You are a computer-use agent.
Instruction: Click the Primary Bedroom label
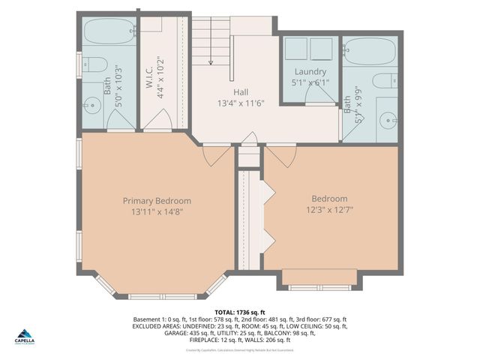pyautogui.click(x=157, y=201)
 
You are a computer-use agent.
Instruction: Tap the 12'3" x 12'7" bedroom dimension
pyautogui.click(x=330, y=211)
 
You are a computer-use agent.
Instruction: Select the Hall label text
pyautogui.click(x=241, y=91)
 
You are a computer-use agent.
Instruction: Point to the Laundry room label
pyautogui.click(x=310, y=72)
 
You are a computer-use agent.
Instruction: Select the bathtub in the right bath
pyautogui.click(x=370, y=52)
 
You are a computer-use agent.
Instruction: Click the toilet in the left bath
pyautogui.click(x=94, y=67)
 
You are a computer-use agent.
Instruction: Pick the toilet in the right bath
pyautogui.click(x=385, y=81)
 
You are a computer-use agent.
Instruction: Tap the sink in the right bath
pyautogui.click(x=386, y=118)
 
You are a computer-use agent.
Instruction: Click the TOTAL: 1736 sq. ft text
pyautogui.click(x=239, y=312)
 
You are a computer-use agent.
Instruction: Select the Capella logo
pyautogui.click(x=25, y=336)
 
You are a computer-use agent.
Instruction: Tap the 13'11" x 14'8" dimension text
pyautogui.click(x=157, y=212)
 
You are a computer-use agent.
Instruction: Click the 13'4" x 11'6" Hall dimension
pyautogui.click(x=241, y=103)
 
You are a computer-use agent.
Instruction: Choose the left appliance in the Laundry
pyautogui.click(x=297, y=49)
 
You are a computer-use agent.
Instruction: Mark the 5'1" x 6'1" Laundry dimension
pyautogui.click(x=310, y=82)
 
